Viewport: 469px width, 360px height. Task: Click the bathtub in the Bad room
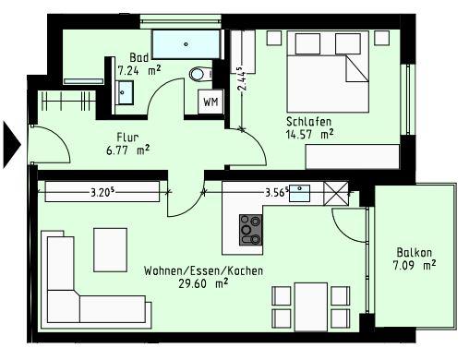point(186,43)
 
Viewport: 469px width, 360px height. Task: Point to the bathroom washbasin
point(126,91)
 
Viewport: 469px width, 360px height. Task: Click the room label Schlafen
point(308,121)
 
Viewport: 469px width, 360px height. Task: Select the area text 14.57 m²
point(309,135)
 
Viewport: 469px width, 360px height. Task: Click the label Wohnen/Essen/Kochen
point(202,271)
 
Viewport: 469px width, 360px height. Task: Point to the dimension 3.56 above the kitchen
point(276,193)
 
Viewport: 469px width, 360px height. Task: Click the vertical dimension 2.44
point(240,79)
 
